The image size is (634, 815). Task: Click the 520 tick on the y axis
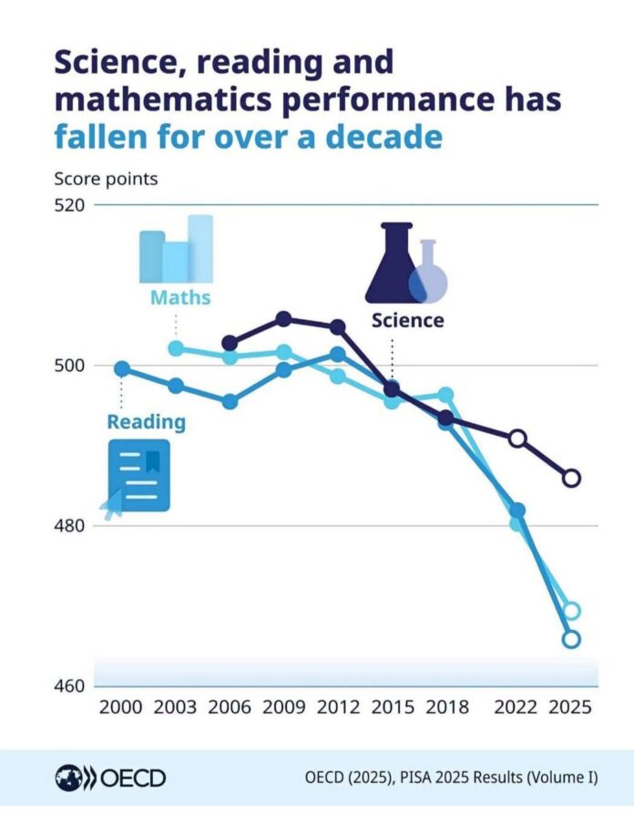pyautogui.click(x=69, y=205)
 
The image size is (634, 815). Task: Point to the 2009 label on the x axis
pyautogui.click(x=284, y=707)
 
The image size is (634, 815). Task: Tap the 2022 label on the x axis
pyautogui.click(x=516, y=707)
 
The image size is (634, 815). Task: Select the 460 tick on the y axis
pyautogui.click(x=69, y=686)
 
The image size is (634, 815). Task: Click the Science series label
pyautogui.click(x=407, y=320)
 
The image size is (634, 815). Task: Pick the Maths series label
pyautogui.click(x=180, y=298)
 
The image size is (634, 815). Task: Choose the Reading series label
pyautogui.click(x=147, y=421)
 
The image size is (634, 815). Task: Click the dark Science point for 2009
pyautogui.click(x=283, y=319)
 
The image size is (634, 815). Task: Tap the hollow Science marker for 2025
pyautogui.click(x=571, y=478)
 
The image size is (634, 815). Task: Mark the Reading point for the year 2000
pyautogui.click(x=121, y=369)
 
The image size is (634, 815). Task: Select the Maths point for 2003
pyautogui.click(x=177, y=348)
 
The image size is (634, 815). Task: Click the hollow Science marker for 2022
pyautogui.click(x=517, y=438)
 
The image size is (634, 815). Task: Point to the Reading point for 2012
pyautogui.click(x=338, y=355)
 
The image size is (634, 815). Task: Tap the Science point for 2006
pyautogui.click(x=230, y=343)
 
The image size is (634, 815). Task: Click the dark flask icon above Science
pyautogui.click(x=395, y=263)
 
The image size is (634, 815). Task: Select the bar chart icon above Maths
pyautogui.click(x=176, y=249)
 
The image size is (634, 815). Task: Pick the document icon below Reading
pyautogui.click(x=138, y=475)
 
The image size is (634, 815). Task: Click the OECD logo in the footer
pyautogui.click(x=110, y=779)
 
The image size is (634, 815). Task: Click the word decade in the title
pyautogui.click(x=383, y=137)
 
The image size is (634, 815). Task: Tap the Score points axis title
pyautogui.click(x=106, y=179)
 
